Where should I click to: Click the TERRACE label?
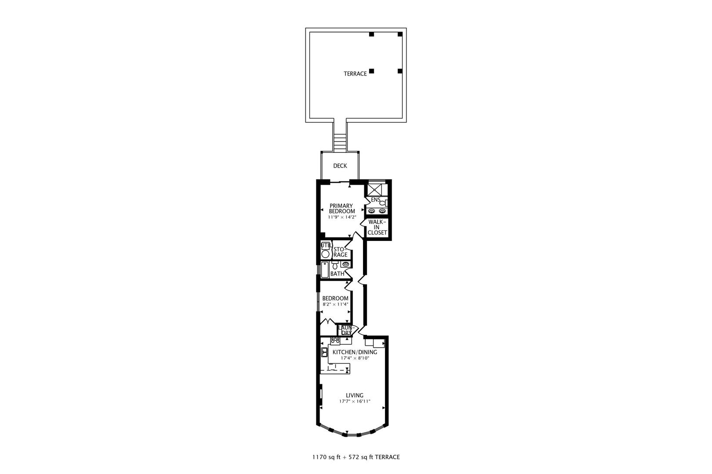click(x=355, y=74)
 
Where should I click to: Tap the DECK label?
click(x=340, y=166)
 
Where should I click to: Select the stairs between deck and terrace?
click(x=340, y=142)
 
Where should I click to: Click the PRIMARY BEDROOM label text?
click(x=341, y=208)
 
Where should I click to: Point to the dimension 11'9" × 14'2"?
click(x=341, y=217)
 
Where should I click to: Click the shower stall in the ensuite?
click(x=376, y=189)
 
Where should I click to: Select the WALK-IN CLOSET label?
click(x=377, y=227)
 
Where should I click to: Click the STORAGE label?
click(x=341, y=252)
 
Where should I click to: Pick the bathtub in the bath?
click(x=325, y=269)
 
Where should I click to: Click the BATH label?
click(x=337, y=274)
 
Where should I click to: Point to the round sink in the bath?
click(x=346, y=264)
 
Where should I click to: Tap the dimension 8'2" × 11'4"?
click(x=335, y=304)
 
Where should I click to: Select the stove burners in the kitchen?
click(x=335, y=340)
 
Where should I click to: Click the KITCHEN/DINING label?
click(x=355, y=352)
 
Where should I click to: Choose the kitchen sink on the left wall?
click(x=324, y=352)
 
